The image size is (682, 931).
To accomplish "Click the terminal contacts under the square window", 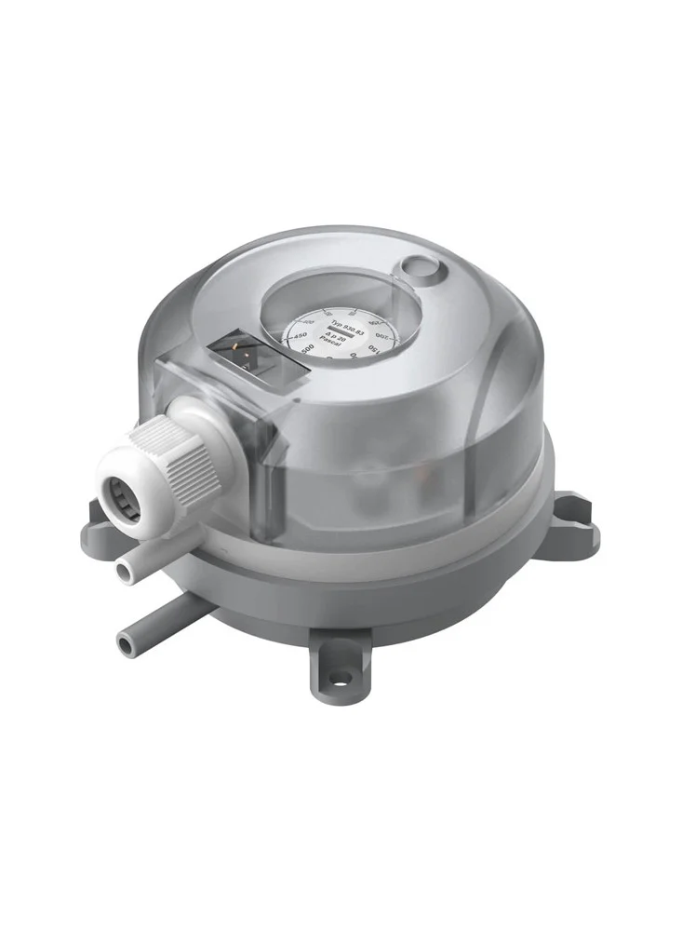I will coord(243,357).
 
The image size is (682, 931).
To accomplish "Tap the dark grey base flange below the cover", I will coord(372,596).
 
